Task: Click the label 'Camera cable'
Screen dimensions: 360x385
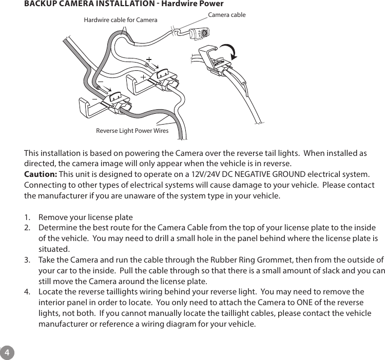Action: coord(226,15)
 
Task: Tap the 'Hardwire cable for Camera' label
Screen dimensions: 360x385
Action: coord(120,20)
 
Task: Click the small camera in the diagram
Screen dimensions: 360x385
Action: coord(202,33)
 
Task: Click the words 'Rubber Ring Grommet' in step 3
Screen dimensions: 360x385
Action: coord(214,260)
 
